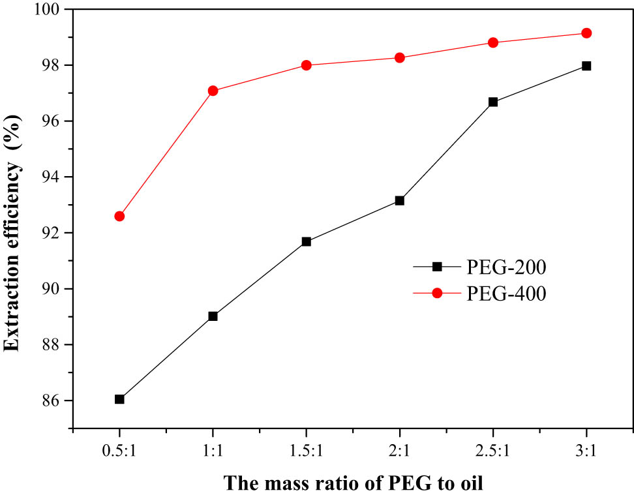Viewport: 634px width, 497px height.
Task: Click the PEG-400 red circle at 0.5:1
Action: tap(119, 216)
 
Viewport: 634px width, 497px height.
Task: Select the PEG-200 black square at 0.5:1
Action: tap(119, 399)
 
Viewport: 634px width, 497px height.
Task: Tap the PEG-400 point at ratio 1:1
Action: tap(213, 91)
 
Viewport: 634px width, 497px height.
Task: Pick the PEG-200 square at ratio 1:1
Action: tap(213, 316)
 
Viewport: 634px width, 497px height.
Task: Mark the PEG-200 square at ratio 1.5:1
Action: tap(307, 241)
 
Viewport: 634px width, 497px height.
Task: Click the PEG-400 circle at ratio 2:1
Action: tap(400, 57)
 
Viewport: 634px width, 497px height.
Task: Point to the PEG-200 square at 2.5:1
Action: tap(493, 102)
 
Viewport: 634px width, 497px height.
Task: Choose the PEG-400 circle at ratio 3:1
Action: tap(586, 33)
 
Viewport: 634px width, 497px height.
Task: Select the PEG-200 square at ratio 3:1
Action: tap(586, 66)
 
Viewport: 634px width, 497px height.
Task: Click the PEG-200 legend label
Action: tap(507, 267)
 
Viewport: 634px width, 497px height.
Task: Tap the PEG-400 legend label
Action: tap(507, 294)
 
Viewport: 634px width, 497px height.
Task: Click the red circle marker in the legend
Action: tap(437, 294)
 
